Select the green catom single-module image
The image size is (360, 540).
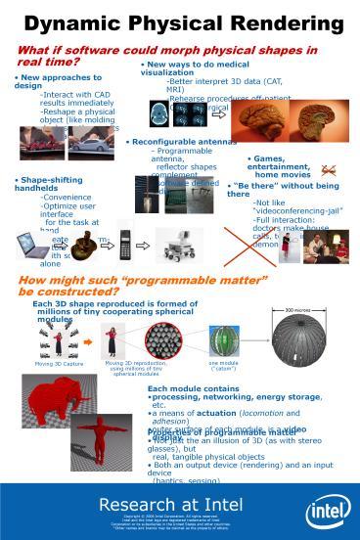(x=224, y=340)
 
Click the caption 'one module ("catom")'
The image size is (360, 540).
(x=224, y=366)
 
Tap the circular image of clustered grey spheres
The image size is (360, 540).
(x=163, y=339)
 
